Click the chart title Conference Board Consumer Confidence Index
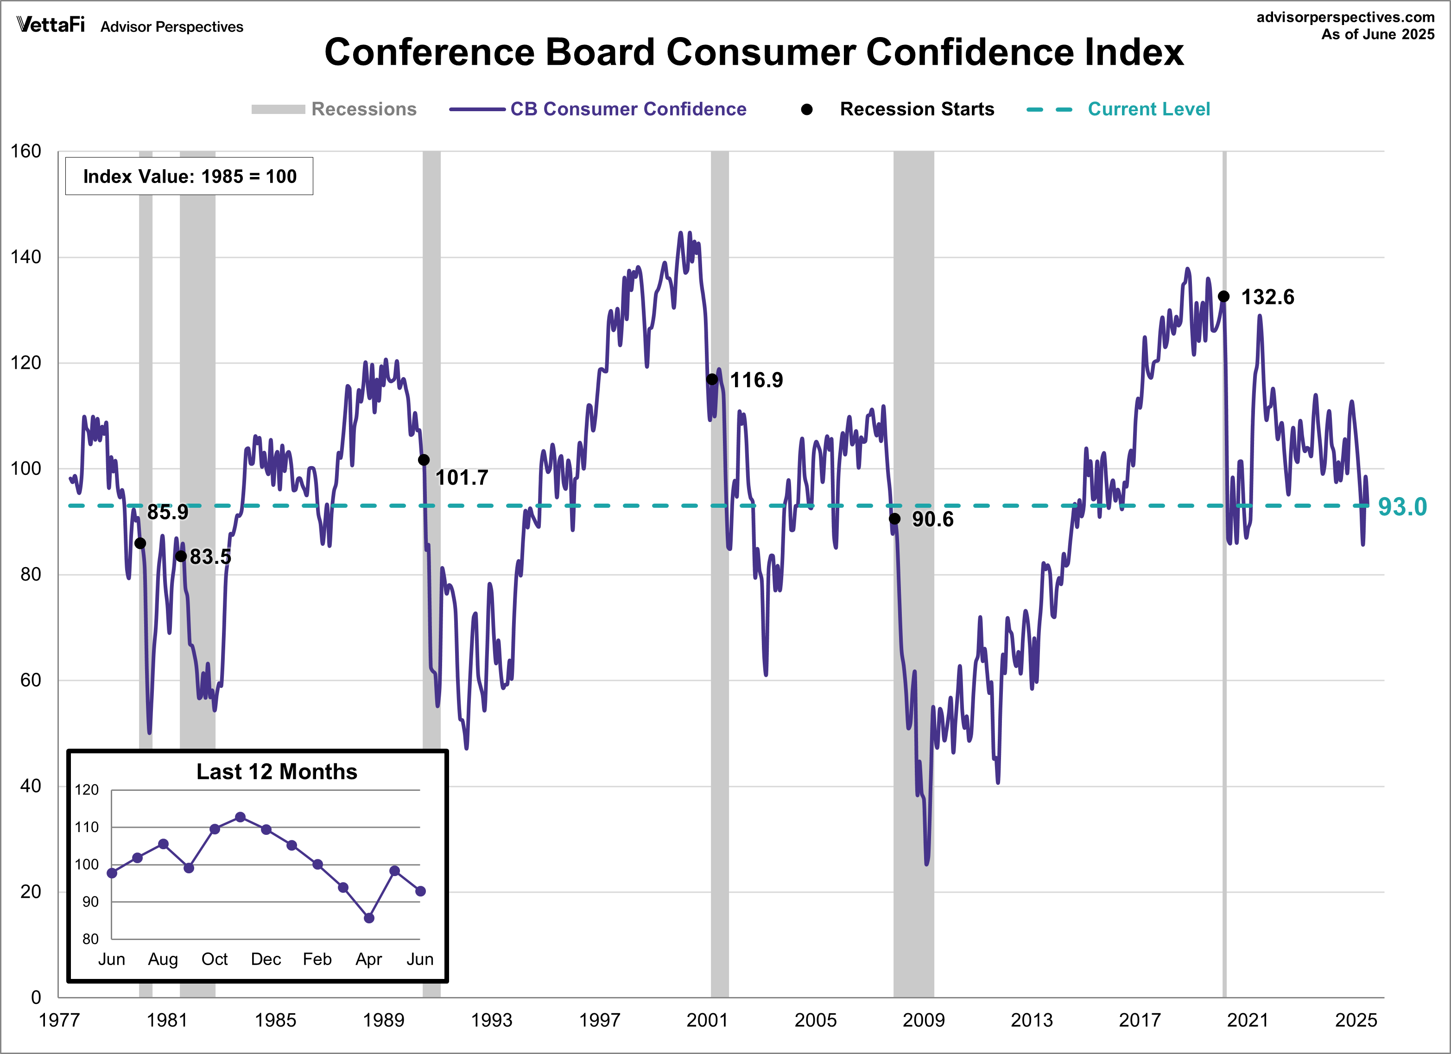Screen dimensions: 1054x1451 click(754, 52)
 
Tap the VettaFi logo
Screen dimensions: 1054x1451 click(51, 25)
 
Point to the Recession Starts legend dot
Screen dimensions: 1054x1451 click(807, 109)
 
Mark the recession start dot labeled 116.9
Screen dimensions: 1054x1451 click(712, 379)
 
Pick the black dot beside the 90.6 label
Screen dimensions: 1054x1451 click(894, 519)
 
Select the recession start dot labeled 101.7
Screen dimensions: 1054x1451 click(424, 460)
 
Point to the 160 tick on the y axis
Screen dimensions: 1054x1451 click(26, 151)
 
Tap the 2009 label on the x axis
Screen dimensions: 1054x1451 click(923, 1020)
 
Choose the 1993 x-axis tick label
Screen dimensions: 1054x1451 click(491, 1020)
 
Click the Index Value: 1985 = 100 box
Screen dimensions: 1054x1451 click(190, 177)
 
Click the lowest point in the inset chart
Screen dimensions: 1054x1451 click(369, 918)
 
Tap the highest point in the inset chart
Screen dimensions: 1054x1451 click(241, 817)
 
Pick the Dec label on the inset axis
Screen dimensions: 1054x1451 click(266, 959)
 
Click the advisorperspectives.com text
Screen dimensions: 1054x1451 click(1345, 17)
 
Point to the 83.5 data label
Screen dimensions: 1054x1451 click(210, 557)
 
